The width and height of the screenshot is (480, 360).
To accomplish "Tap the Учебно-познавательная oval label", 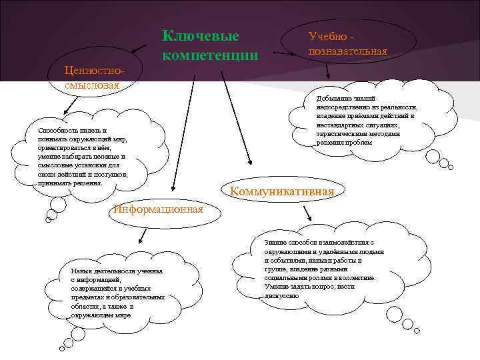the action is click(x=347, y=43).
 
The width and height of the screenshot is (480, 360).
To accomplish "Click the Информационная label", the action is click(x=158, y=209).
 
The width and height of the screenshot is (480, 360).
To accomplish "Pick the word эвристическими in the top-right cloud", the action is click(x=341, y=133).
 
